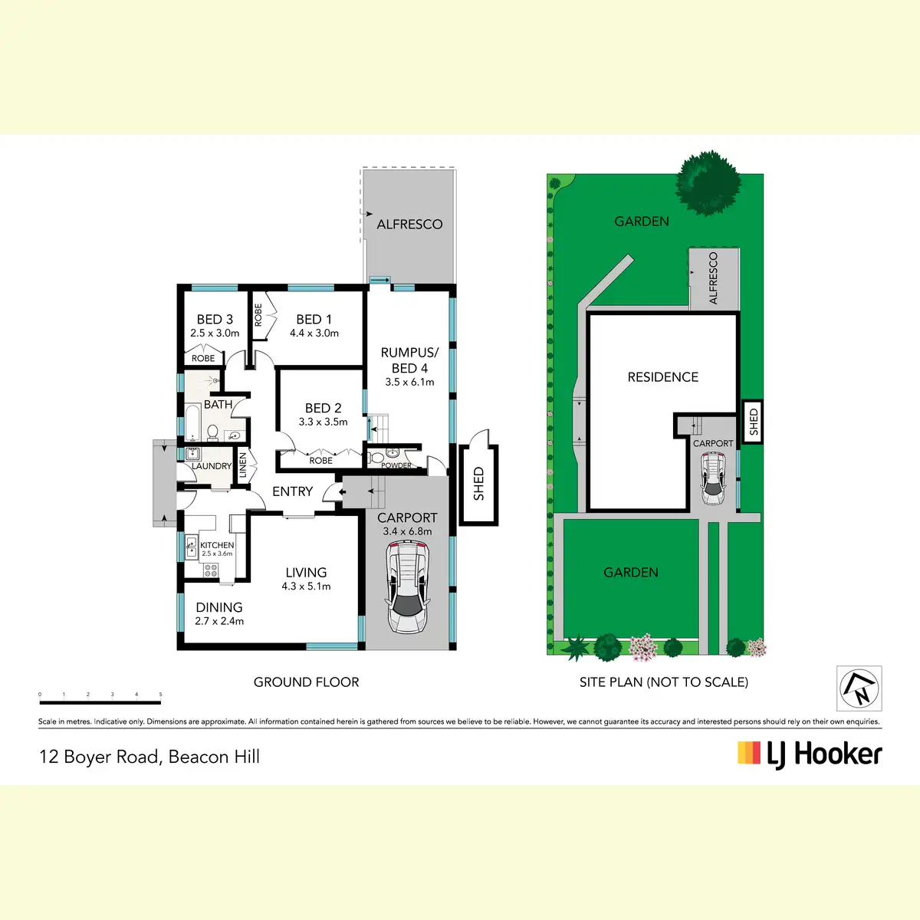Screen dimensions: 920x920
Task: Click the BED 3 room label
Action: point(215,319)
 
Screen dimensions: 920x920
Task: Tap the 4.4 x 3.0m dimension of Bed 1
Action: point(314,333)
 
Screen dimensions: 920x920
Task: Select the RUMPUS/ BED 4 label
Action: point(409,360)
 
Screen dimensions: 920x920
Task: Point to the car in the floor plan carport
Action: point(407,586)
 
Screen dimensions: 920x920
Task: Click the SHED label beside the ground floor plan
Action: point(479,484)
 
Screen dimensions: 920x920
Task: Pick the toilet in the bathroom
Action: point(212,432)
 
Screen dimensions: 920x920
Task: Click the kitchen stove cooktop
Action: point(211,570)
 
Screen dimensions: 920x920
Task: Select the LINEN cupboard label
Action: point(242,465)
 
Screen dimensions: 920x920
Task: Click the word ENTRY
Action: point(293,491)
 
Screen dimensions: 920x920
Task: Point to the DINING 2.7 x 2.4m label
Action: point(219,613)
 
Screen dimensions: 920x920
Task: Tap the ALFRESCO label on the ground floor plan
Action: point(409,225)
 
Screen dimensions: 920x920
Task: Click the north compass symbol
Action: point(859,688)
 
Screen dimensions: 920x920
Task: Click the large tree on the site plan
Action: point(708,183)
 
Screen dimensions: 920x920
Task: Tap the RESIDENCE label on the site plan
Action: point(662,377)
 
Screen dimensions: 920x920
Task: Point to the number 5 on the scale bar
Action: point(160,694)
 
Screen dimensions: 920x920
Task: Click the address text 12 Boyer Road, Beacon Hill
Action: point(149,757)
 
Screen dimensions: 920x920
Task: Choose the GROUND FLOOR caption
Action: point(306,682)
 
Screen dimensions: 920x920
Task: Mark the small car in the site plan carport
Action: point(713,478)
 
